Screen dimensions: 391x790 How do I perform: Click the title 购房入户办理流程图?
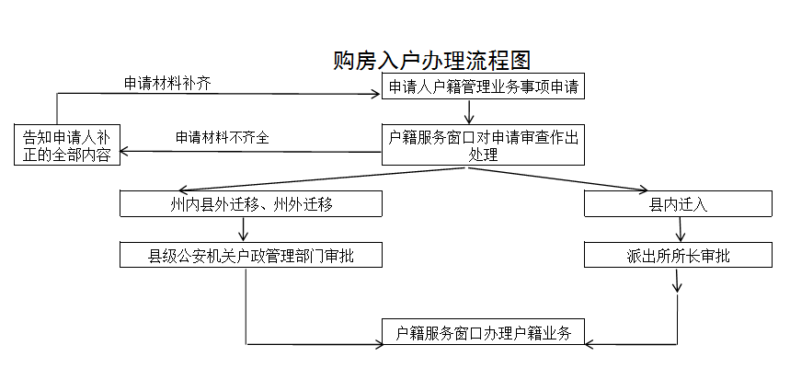(431, 61)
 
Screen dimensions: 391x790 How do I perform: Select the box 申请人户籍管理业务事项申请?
(482, 88)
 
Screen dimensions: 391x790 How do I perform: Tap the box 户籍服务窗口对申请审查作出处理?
(482, 145)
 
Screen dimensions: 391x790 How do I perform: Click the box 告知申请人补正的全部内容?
(66, 145)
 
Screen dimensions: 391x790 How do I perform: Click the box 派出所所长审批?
(678, 256)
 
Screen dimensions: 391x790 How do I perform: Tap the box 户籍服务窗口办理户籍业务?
(483, 333)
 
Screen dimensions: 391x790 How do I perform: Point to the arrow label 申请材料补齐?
(167, 83)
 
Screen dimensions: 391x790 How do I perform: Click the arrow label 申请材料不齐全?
(223, 137)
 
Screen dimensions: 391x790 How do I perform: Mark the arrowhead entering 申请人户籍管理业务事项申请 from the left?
(378, 93)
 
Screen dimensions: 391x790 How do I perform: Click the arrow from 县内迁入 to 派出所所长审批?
(679, 229)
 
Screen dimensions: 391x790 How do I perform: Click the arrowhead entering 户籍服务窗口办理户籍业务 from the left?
(378, 344)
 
